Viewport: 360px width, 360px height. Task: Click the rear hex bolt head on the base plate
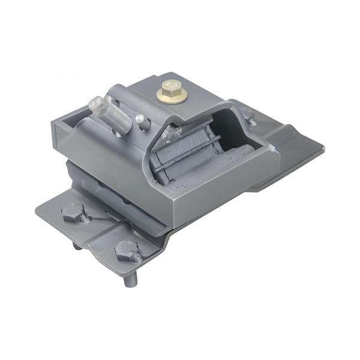pos(72,212)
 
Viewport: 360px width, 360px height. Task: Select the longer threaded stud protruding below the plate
pos(130,280)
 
